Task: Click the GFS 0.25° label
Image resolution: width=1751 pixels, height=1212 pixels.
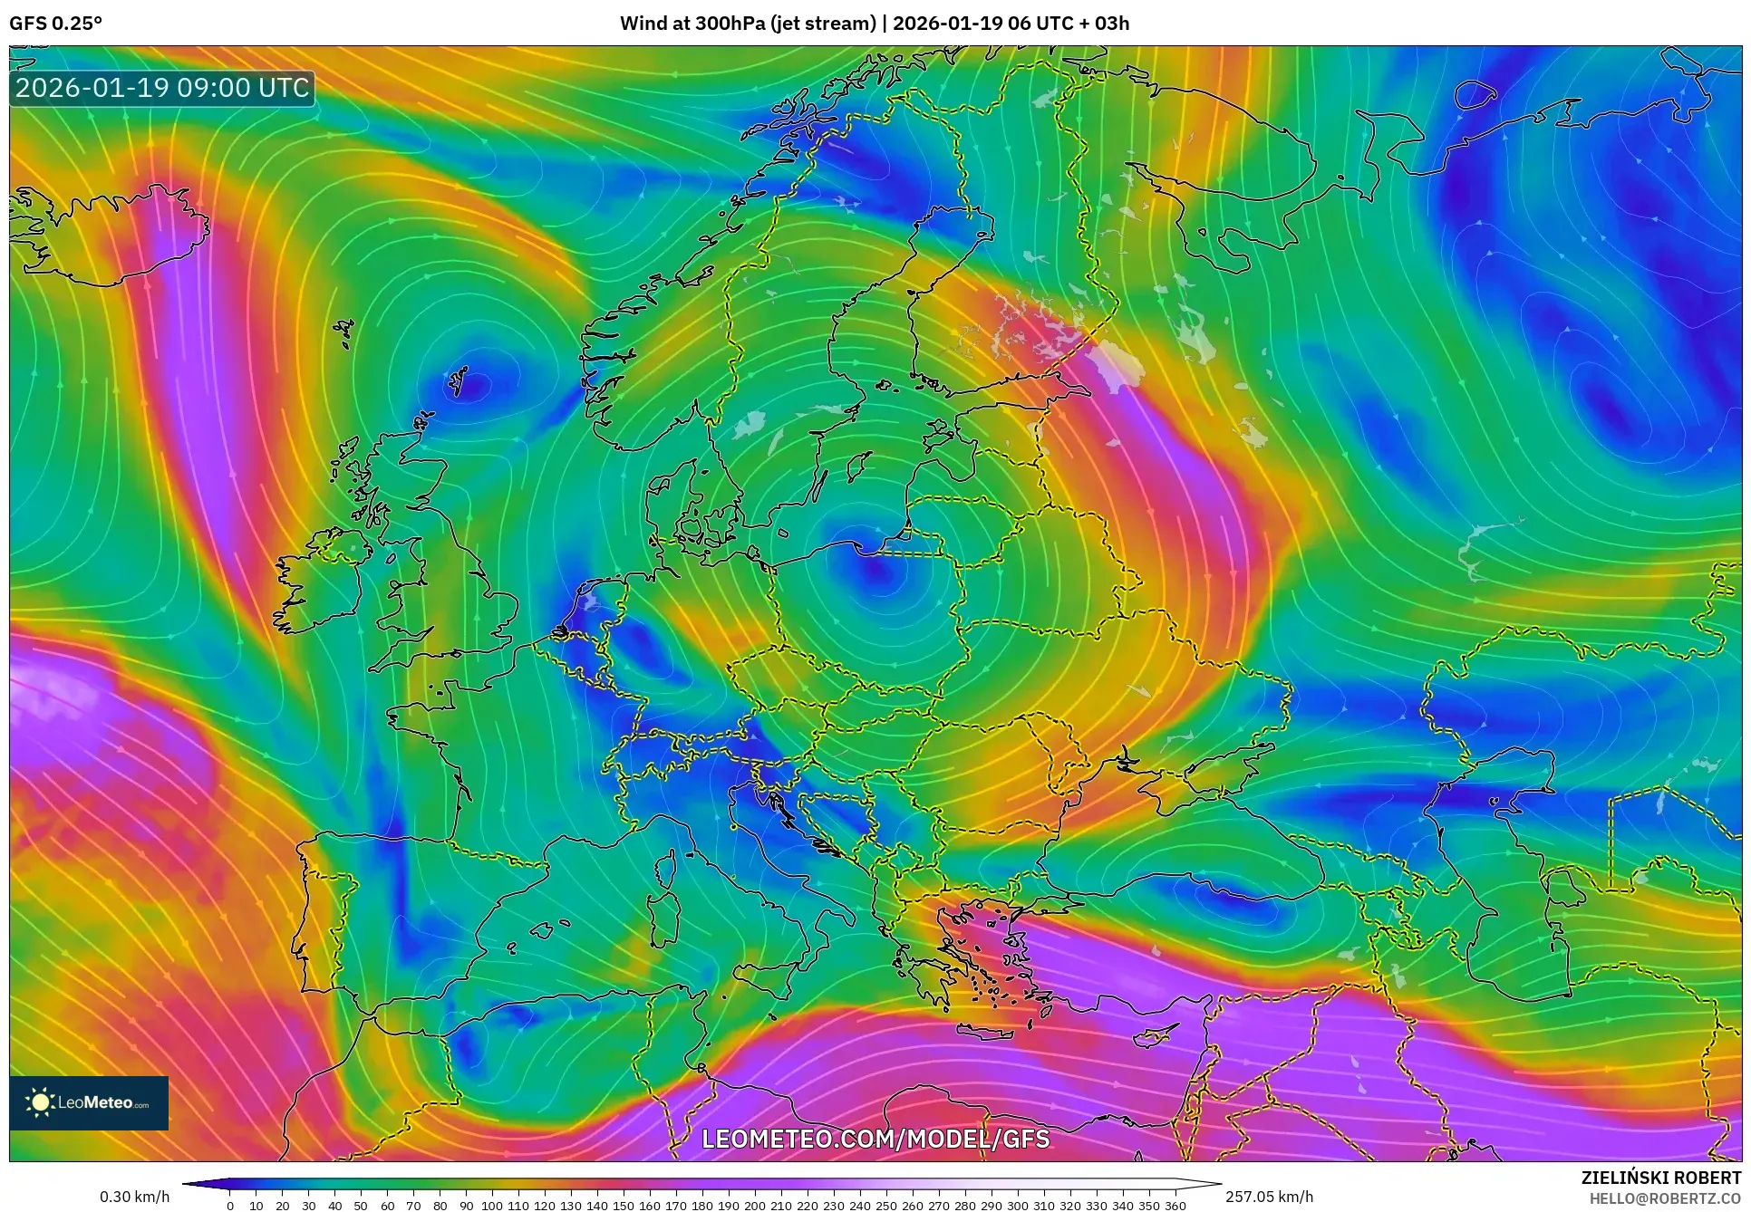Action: (55, 23)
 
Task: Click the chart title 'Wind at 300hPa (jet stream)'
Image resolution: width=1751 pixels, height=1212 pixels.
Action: (748, 23)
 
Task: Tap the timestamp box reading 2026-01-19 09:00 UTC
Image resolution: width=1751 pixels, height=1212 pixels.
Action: (162, 88)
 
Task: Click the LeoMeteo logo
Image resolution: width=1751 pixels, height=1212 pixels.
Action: (89, 1102)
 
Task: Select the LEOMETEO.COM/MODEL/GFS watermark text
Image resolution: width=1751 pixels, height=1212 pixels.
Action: (875, 1139)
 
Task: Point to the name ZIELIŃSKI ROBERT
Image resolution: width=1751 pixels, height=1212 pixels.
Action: (1660, 1178)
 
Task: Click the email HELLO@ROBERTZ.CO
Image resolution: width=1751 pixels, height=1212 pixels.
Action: (1665, 1198)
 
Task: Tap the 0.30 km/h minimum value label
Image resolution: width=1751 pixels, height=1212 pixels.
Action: (134, 1197)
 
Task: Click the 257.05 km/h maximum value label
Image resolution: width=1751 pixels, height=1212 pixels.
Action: (1269, 1197)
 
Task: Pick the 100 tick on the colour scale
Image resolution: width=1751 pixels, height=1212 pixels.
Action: (491, 1206)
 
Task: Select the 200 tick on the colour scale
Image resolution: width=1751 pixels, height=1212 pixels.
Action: (754, 1206)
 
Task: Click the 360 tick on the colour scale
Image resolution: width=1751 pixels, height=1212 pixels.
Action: (1175, 1206)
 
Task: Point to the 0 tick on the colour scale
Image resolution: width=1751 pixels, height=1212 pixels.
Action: (230, 1206)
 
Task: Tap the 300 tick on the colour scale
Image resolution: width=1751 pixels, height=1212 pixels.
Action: (1017, 1206)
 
